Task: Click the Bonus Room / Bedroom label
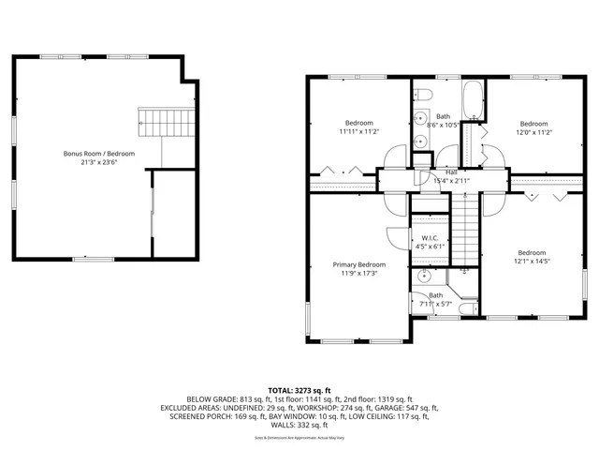99,153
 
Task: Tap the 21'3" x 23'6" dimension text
99,161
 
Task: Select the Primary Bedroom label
359,264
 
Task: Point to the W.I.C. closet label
431,238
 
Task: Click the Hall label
451,172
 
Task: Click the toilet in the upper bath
423,97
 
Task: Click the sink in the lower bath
426,277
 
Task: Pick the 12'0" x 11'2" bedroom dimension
533,132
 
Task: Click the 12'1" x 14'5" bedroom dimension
532,262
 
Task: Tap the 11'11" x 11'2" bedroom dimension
359,132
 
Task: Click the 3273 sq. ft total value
314,389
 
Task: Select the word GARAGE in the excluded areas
390,408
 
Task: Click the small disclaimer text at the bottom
299,438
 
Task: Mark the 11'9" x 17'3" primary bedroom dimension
359,274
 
